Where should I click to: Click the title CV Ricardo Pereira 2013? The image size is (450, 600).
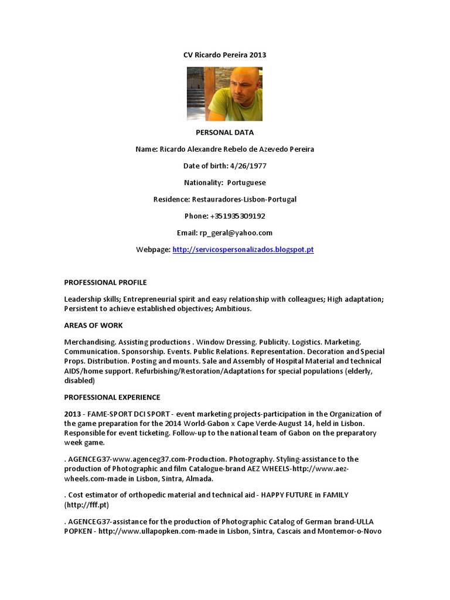pyautogui.click(x=224, y=55)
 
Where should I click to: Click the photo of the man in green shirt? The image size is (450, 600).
pyautogui.click(x=224, y=94)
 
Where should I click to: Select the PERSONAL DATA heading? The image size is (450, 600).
pyautogui.click(x=224, y=132)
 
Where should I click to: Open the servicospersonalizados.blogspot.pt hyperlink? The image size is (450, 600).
pyautogui.click(x=243, y=250)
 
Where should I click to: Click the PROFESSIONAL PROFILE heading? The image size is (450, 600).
pyautogui.click(x=105, y=282)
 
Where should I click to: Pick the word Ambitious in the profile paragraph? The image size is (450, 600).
pyautogui.click(x=234, y=308)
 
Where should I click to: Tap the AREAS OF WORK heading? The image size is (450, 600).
pyautogui.click(x=94, y=325)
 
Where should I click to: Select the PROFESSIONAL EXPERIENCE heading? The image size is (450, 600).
pyautogui.click(x=112, y=397)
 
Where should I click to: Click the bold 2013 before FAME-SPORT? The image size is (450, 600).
pyautogui.click(x=73, y=414)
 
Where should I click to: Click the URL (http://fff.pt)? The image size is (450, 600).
pyautogui.click(x=87, y=504)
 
